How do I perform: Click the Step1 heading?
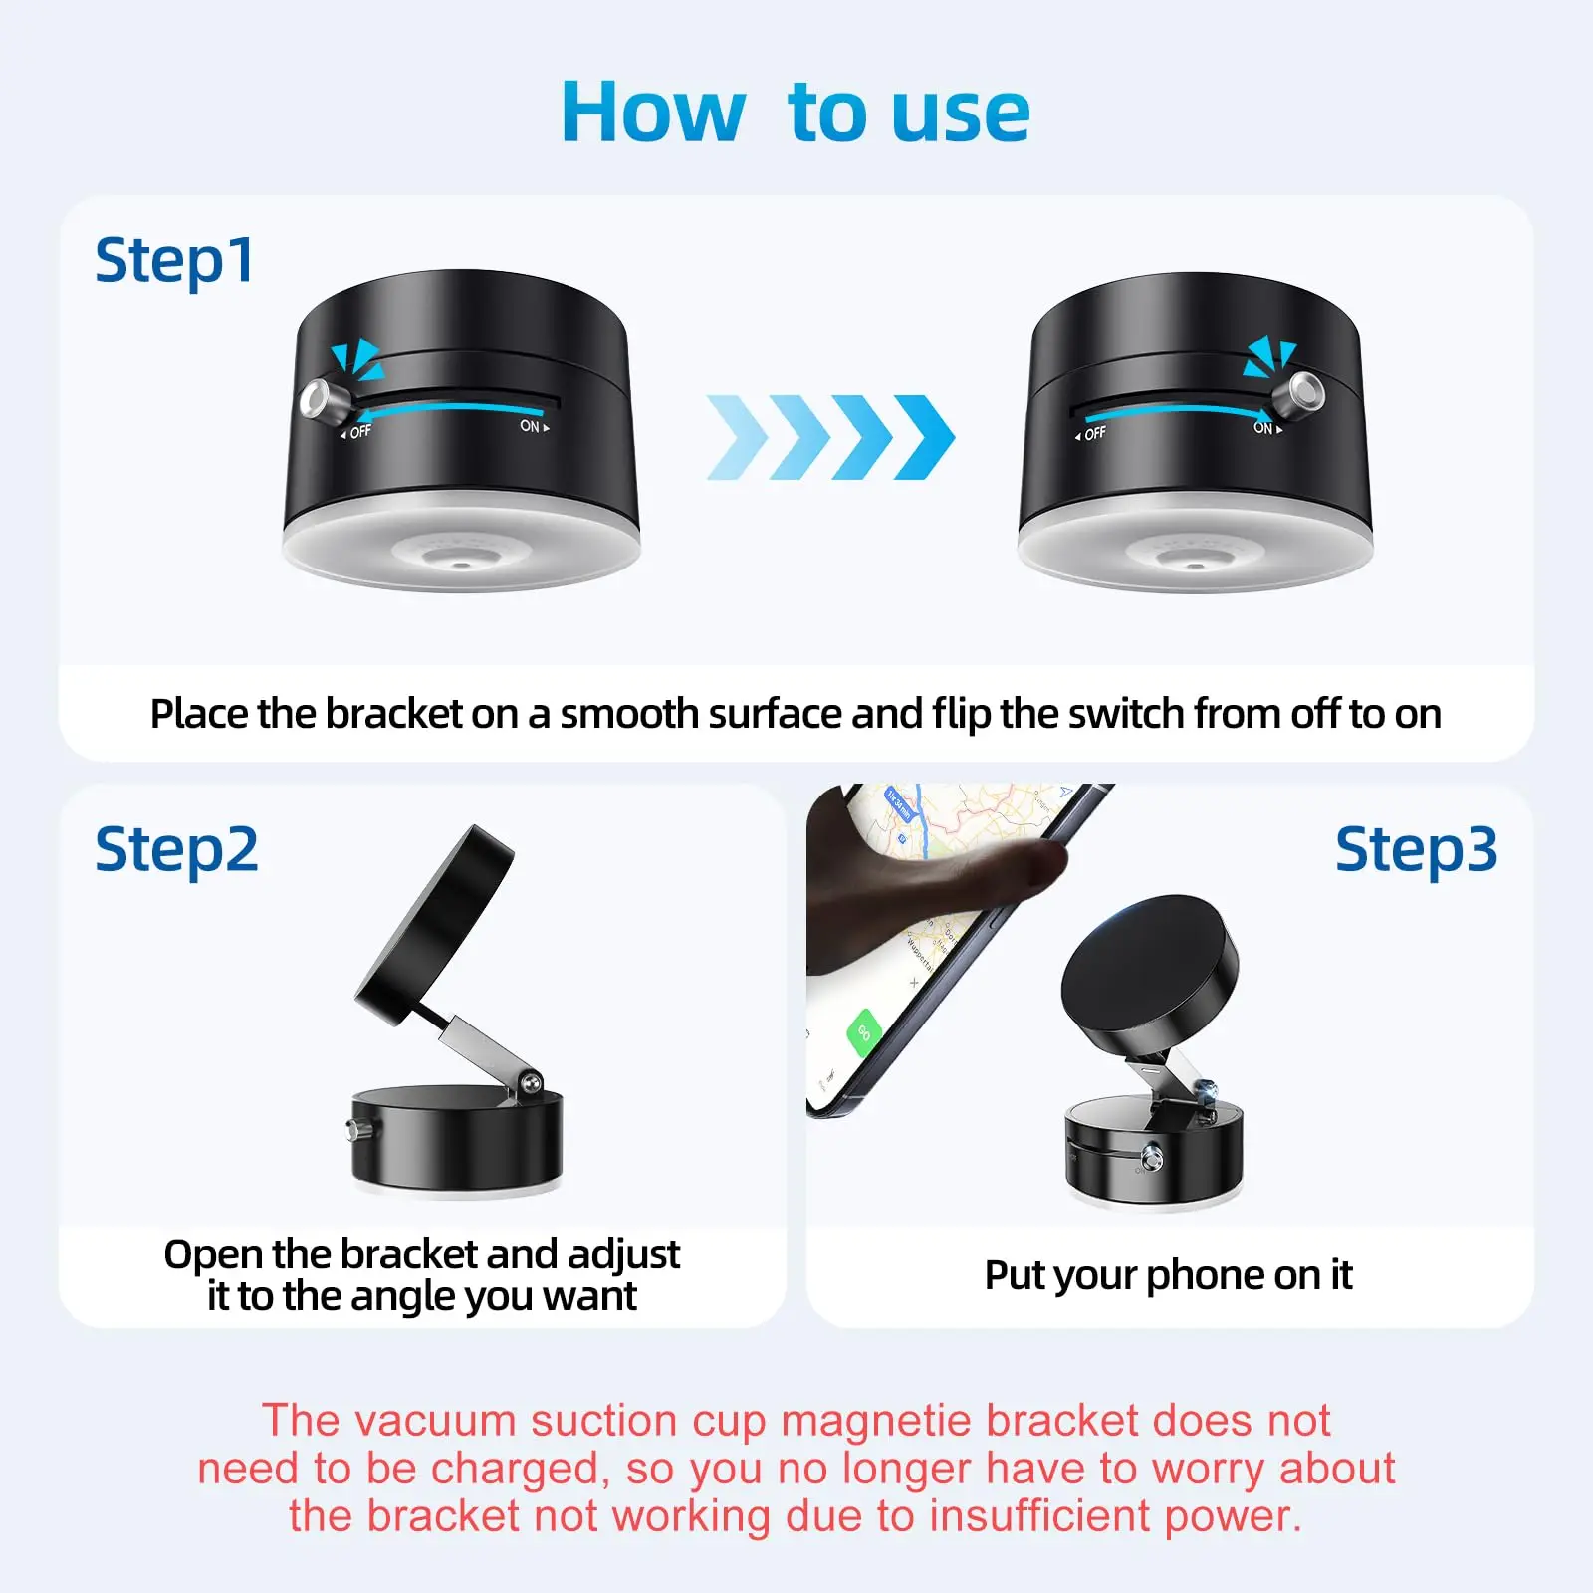point(174,261)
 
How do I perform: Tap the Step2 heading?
point(176,850)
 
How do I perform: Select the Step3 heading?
point(1416,850)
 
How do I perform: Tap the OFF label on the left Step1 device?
point(359,431)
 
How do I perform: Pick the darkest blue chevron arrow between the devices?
point(924,437)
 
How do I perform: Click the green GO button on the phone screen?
point(863,1031)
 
